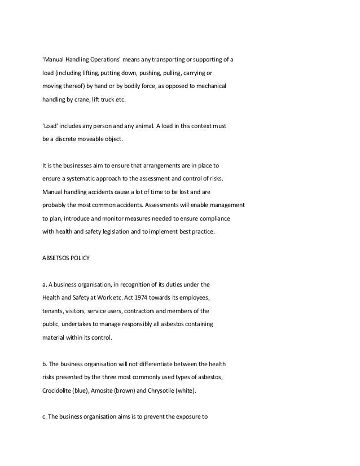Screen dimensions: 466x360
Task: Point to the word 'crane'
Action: click(x=86, y=99)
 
